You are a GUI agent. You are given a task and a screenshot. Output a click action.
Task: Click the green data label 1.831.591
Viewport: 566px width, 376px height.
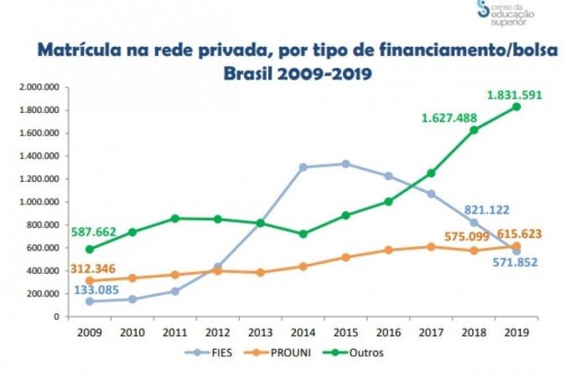(514, 95)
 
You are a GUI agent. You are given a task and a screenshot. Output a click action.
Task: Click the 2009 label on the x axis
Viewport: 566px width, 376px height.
(89, 330)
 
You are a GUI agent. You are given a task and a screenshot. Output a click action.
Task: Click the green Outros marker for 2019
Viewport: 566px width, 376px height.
(516, 107)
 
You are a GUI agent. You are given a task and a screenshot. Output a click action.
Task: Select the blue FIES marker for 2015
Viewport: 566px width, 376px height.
(345, 164)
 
